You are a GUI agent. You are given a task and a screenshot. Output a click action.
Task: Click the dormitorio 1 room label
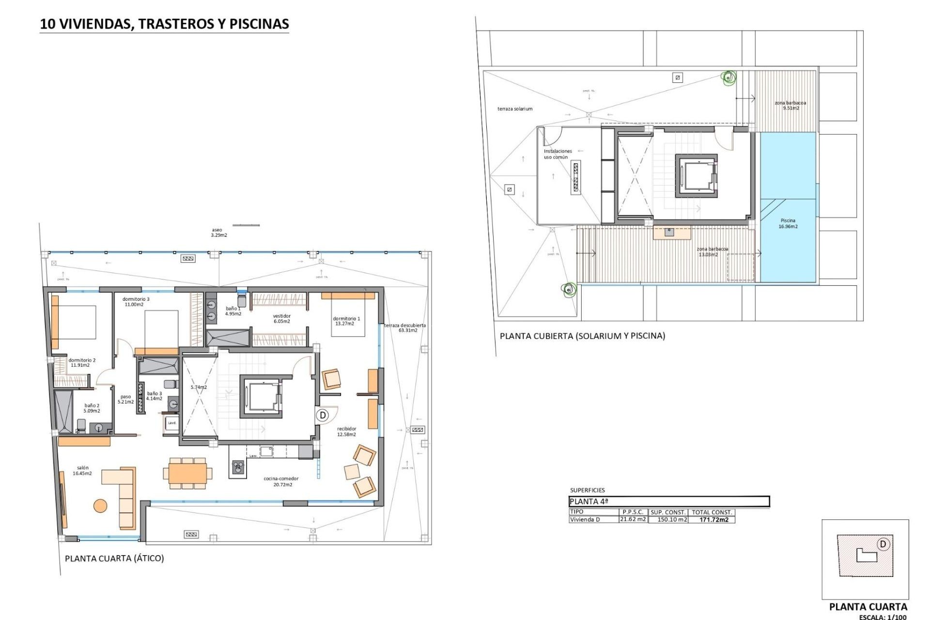tap(346, 321)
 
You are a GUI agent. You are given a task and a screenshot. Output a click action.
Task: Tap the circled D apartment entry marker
tap(323, 415)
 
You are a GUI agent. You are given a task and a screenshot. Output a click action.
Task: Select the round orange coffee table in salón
tap(100, 506)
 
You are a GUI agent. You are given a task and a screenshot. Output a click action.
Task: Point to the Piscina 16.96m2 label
tap(788, 223)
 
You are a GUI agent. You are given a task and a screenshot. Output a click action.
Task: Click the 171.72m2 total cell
tap(713, 520)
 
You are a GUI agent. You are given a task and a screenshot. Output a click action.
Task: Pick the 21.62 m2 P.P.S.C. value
tap(633, 519)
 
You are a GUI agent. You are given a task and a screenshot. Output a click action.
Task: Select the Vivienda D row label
tap(585, 520)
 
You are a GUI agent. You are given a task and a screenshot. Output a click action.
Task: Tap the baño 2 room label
tap(92, 408)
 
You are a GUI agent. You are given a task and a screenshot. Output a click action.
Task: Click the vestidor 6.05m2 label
tap(281, 319)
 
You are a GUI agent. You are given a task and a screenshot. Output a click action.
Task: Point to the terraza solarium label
tap(514, 109)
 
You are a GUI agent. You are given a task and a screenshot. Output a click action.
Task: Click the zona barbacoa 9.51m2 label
tap(790, 106)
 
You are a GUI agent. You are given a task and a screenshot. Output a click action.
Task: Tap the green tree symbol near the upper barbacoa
tap(728, 77)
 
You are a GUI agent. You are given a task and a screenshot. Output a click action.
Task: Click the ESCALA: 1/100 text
tap(883, 617)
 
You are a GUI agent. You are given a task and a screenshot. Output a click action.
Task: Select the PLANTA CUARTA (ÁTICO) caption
tap(114, 558)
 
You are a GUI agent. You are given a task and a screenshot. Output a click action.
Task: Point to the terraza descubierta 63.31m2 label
tap(405, 328)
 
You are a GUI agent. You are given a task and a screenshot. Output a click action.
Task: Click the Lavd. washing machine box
tap(172, 423)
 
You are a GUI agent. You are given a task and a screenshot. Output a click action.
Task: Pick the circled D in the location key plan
tap(883, 544)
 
